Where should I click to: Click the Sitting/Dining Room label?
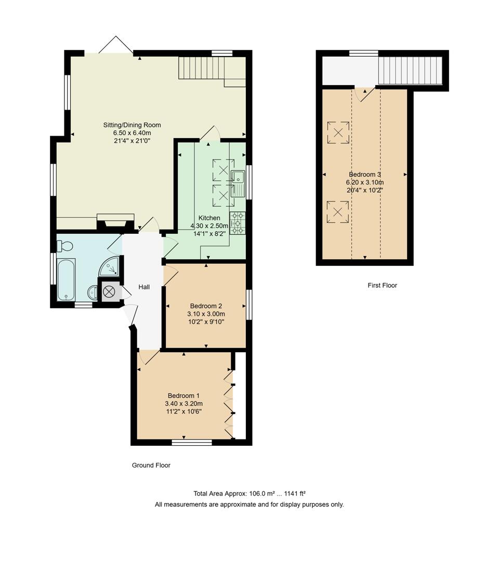[132, 125]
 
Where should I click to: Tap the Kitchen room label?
[208, 218]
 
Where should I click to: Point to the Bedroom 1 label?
[183, 396]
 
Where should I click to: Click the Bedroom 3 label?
[365, 175]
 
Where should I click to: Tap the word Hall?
[144, 287]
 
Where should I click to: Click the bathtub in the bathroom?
[66, 279]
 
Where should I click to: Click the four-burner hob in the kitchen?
[238, 223]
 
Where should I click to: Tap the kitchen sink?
[238, 183]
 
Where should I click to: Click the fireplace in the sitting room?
[115, 221]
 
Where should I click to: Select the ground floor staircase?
[208, 69]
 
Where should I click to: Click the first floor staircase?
[410, 70]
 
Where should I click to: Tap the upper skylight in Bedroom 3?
[338, 132]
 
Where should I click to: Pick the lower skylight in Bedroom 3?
[338, 212]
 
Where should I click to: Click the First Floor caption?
[382, 285]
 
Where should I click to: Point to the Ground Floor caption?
[151, 465]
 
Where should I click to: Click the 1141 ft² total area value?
[295, 493]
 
